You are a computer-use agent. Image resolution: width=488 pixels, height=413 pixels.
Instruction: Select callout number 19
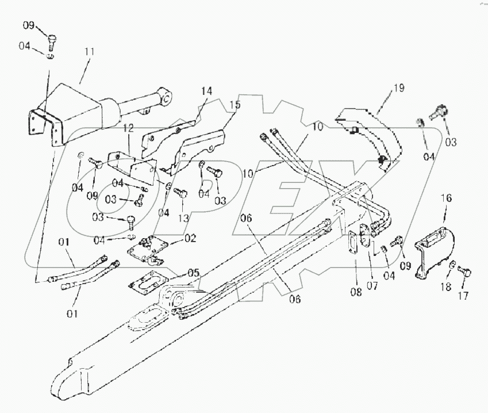point(399,88)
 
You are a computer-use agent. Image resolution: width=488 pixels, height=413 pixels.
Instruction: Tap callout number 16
point(446,198)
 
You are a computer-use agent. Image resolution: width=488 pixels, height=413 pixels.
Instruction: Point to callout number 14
point(206,91)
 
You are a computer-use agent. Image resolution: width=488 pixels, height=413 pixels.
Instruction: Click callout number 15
point(235,105)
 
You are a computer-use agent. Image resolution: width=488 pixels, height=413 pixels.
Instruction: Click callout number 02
point(189,238)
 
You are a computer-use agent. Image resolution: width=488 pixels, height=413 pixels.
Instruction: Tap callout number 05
point(194,273)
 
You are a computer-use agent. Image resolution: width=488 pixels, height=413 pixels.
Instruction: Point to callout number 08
point(356,292)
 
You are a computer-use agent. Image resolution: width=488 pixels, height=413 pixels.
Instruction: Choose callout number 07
point(372,285)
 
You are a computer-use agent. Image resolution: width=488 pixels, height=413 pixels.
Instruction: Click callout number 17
point(463,296)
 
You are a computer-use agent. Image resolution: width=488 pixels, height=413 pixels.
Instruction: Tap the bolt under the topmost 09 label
point(52,41)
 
